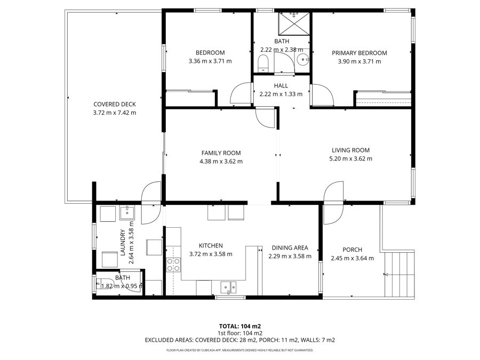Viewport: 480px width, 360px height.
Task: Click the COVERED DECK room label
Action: [x=115, y=105]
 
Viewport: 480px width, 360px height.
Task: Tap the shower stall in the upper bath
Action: [x=294, y=23]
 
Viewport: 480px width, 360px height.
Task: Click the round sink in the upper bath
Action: [x=303, y=59]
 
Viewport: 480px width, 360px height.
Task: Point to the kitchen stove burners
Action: [x=173, y=265]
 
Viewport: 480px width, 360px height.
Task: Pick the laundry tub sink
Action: [x=127, y=212]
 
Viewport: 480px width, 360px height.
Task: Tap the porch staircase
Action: [x=399, y=274]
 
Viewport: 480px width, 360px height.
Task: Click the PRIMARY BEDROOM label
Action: [x=359, y=53]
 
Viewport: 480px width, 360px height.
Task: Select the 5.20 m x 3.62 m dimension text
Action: [x=350, y=158]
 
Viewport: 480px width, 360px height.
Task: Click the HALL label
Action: [x=281, y=86]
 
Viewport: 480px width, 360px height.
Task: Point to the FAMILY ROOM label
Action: [x=221, y=153]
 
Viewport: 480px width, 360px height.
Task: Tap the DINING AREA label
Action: [x=290, y=248]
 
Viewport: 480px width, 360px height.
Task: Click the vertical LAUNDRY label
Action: [x=123, y=243]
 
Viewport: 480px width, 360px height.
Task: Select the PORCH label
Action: [x=353, y=250]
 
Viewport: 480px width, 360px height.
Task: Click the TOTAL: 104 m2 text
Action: [x=239, y=326]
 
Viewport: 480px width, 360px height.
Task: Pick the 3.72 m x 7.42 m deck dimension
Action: [x=115, y=113]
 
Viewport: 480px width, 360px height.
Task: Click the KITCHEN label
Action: [x=211, y=246]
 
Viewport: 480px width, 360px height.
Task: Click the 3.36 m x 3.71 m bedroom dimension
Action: [x=210, y=61]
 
